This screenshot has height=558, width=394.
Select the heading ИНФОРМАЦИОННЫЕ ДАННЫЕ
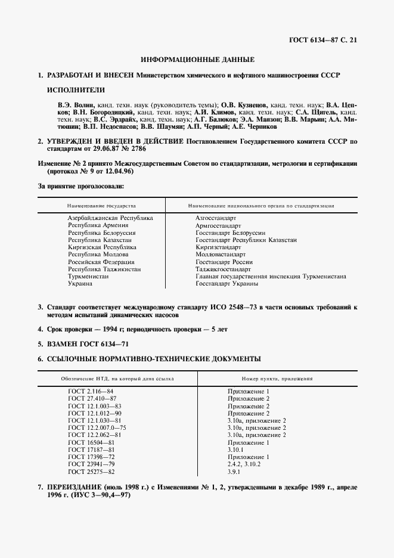tap(197, 60)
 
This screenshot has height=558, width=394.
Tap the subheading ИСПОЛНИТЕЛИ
tap(76, 90)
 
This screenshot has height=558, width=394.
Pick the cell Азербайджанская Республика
tap(110, 218)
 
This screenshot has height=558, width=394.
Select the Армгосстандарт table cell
tap(218, 225)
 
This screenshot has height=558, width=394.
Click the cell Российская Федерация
tap(101, 262)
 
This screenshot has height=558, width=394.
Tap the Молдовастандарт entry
tap(221, 255)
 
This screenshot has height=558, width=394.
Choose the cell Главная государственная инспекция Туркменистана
tap(271, 277)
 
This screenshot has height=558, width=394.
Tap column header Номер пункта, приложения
tap(277, 379)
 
